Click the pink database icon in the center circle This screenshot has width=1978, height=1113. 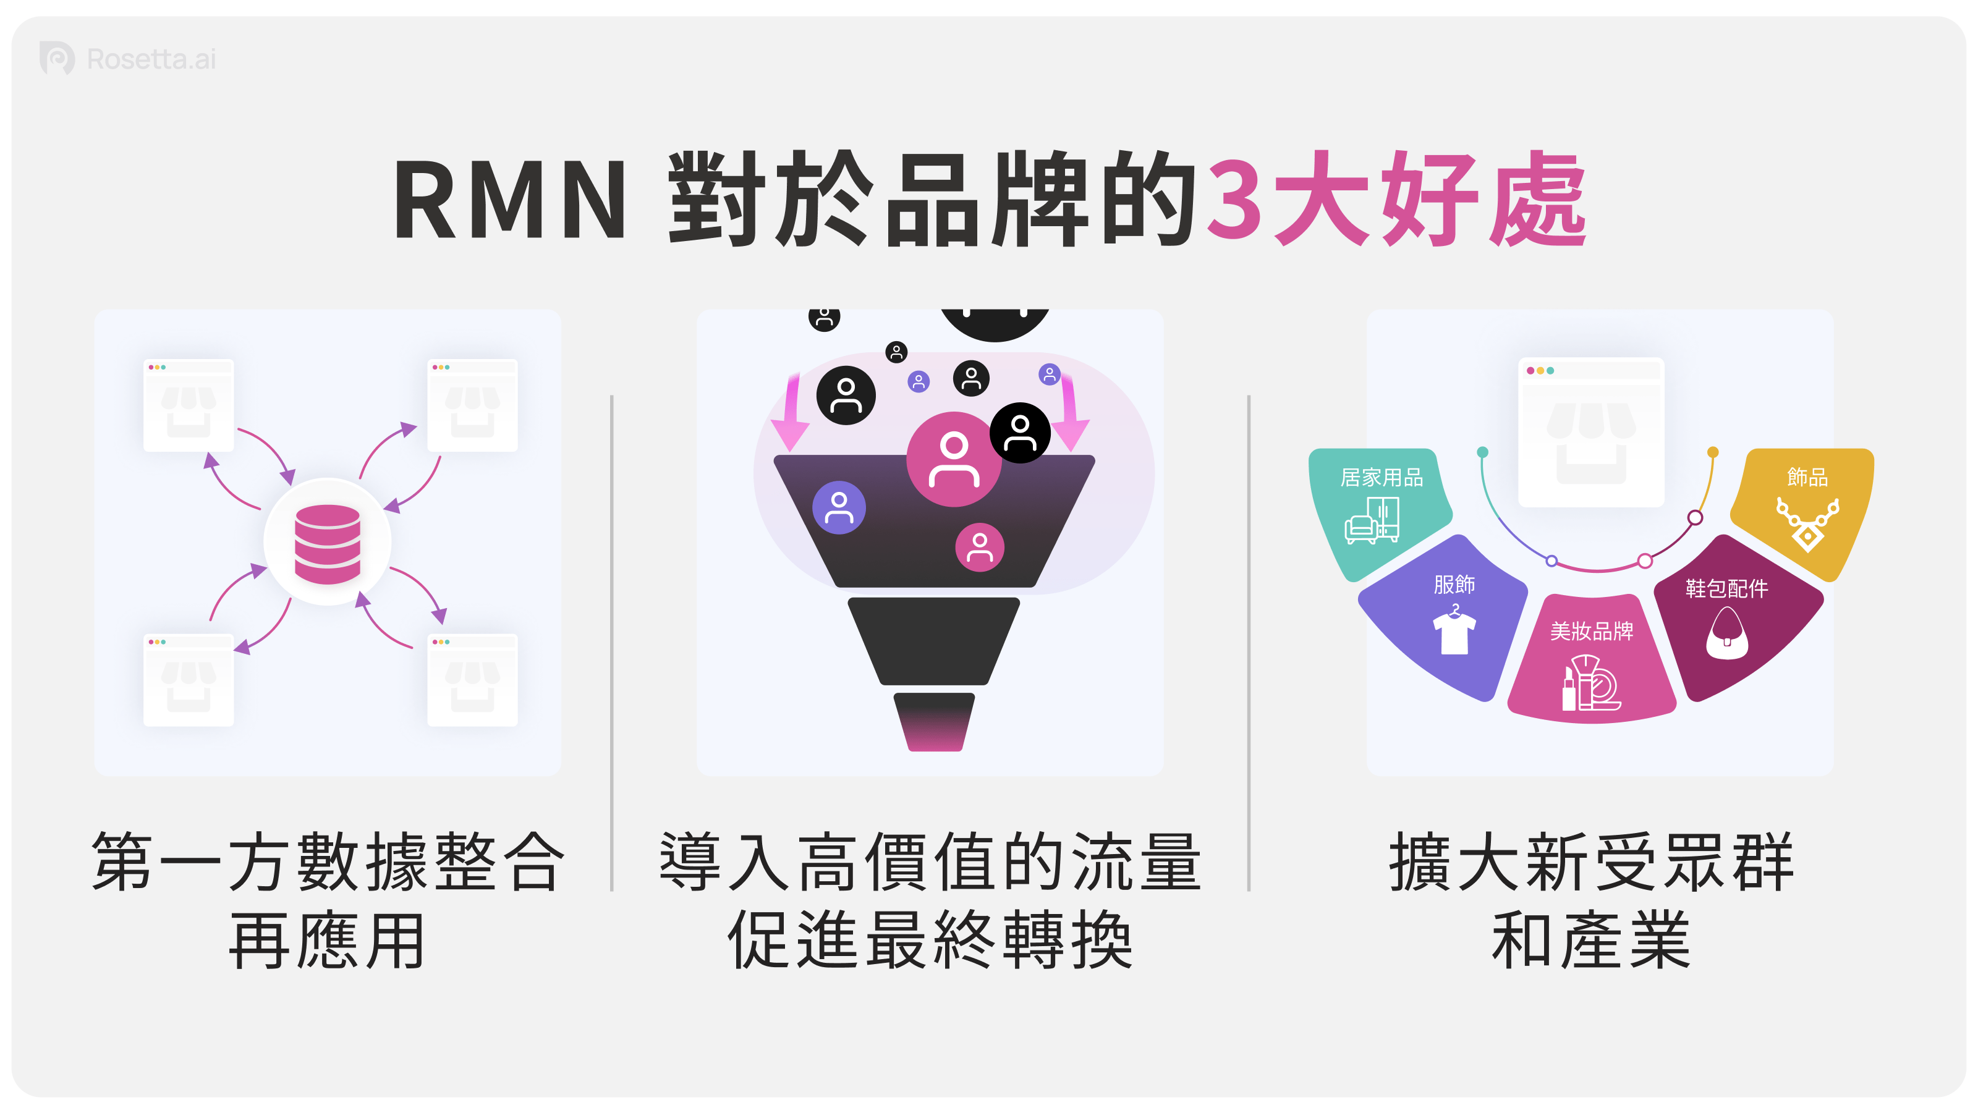(327, 544)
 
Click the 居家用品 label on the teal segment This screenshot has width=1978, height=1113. (1382, 478)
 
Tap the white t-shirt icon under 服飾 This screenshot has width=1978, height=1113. (1454, 632)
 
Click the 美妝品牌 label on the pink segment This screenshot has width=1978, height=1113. (1591, 631)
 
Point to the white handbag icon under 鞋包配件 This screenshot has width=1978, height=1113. (1727, 634)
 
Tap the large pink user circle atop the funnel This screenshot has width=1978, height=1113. (954, 459)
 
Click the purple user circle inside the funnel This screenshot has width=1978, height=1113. (839, 507)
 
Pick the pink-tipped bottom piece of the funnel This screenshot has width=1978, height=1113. (934, 722)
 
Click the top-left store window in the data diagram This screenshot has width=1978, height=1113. (188, 405)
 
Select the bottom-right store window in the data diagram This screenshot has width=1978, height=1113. (472, 680)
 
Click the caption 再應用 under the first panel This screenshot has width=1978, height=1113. (327, 941)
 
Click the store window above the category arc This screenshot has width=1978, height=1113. (1591, 432)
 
